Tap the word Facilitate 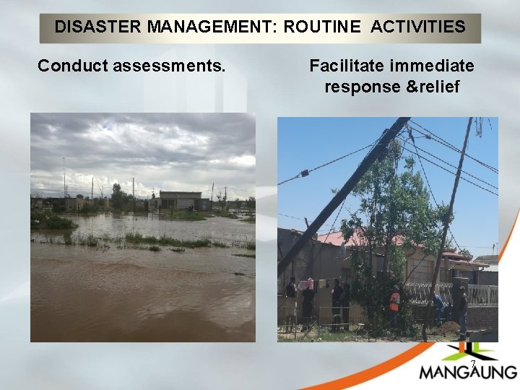point(346,66)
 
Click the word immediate point(431,66)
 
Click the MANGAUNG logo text point(468,372)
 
